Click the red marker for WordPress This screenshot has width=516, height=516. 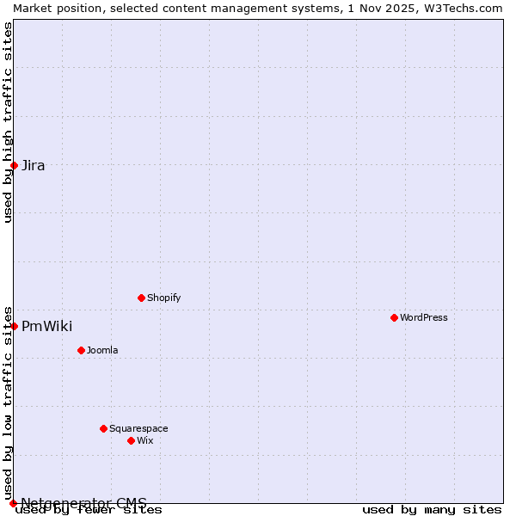tap(394, 317)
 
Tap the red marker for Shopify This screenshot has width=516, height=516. tap(141, 298)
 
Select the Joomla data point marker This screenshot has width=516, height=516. tap(81, 350)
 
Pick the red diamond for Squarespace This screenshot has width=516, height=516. tap(103, 428)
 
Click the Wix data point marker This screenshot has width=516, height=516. tap(131, 440)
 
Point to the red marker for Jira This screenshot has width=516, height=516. tap(14, 165)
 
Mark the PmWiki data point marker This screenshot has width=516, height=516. tap(14, 326)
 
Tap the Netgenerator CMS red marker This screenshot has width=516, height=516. tap(13, 503)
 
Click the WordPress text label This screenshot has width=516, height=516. tap(424, 317)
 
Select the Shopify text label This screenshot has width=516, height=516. tap(163, 298)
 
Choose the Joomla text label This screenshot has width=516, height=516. tap(102, 350)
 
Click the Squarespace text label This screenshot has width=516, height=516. tap(138, 428)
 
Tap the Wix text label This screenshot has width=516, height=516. tap(144, 440)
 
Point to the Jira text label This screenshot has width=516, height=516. tap(34, 165)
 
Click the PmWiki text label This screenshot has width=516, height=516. tap(46, 326)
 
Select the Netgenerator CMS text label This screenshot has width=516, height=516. tap(83, 503)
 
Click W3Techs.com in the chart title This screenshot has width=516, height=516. tap(468, 8)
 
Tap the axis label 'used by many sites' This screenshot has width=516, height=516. tap(432, 510)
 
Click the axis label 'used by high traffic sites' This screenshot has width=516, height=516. tap(8, 122)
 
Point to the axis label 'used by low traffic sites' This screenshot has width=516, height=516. tap(8, 402)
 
